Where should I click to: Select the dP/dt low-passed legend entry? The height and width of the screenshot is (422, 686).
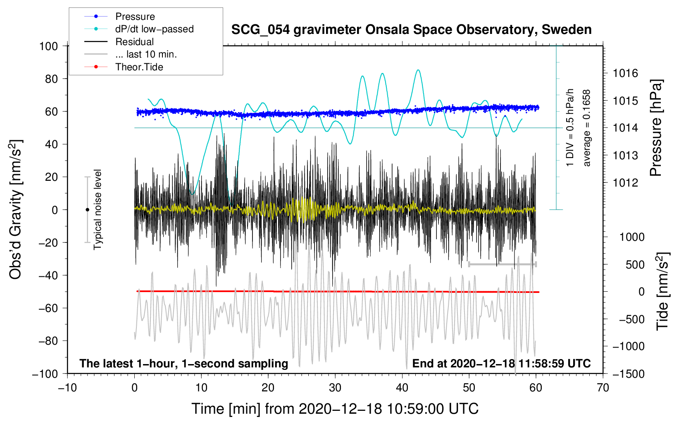tap(154, 29)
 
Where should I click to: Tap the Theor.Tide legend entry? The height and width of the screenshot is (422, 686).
tap(139, 67)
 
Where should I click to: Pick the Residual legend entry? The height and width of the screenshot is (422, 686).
tap(134, 42)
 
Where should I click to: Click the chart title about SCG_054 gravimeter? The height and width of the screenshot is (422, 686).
tap(411, 30)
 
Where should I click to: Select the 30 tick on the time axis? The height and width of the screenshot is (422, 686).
tap(335, 388)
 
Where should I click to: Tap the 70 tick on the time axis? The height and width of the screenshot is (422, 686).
tap(603, 388)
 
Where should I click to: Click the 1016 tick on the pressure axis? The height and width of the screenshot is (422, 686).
tap(625, 74)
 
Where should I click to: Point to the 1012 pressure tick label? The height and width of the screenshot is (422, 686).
tap(625, 183)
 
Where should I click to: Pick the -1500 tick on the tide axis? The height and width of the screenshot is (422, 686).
tap(628, 374)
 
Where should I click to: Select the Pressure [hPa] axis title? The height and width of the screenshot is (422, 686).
tap(656, 128)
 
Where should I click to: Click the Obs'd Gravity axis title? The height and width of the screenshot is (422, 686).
tap(16, 209)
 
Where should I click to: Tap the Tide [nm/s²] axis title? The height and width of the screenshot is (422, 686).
tap(662, 291)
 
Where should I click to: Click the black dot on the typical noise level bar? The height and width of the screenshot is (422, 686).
tap(87, 210)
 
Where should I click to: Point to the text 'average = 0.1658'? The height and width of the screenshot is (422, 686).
tap(587, 128)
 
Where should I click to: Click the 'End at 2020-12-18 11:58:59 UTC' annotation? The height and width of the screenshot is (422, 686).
tap(501, 363)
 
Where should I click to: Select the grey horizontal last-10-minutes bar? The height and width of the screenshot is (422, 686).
tap(502, 264)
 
